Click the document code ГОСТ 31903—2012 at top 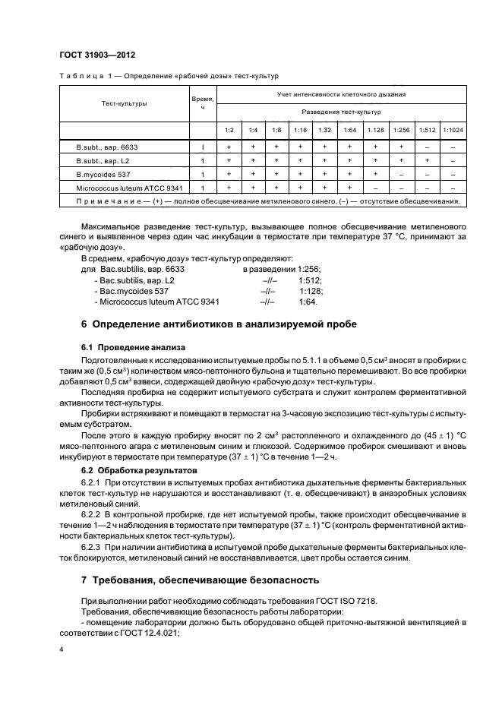97,55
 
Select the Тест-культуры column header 122,103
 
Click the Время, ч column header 202,103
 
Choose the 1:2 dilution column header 229,130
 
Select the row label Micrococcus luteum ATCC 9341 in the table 129,187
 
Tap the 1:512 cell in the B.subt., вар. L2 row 427,160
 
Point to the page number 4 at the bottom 61,650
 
